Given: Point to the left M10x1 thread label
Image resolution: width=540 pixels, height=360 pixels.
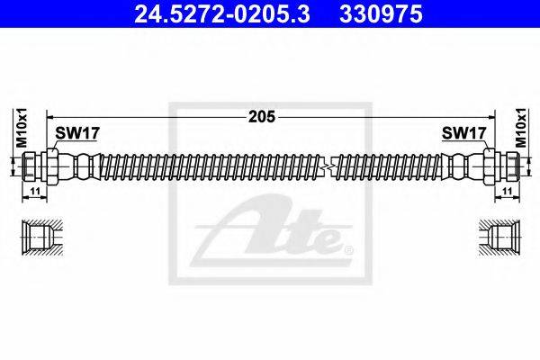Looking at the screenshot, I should coord(17,127).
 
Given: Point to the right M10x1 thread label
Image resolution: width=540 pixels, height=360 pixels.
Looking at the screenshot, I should coord(521,127).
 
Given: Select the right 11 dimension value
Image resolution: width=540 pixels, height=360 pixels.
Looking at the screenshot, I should coord(507,193).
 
